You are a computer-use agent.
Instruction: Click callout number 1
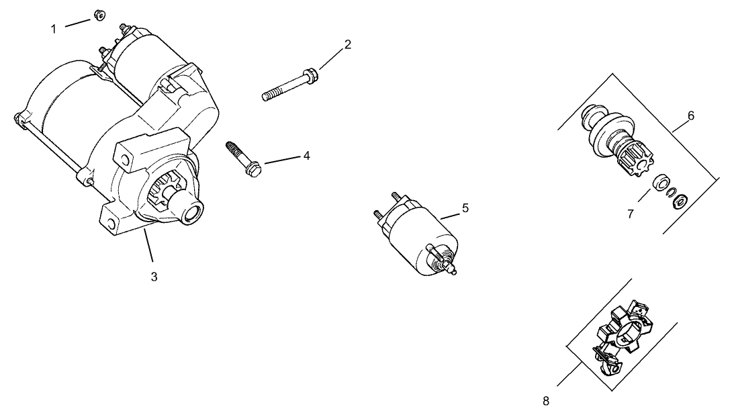click(x=54, y=28)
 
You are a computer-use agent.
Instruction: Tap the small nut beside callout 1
click(x=97, y=14)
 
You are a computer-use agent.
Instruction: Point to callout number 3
click(x=154, y=276)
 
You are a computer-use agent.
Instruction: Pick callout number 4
click(x=306, y=156)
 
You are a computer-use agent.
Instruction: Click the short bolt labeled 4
click(x=242, y=158)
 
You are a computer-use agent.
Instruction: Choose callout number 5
click(x=465, y=208)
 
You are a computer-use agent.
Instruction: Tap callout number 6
click(x=690, y=115)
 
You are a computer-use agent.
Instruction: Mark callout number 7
click(x=631, y=214)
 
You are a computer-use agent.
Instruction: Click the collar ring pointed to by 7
click(x=661, y=182)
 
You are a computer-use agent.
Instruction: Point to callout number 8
click(x=545, y=401)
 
